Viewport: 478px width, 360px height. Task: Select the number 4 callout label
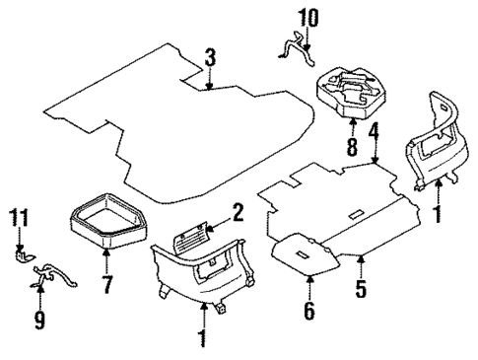(x=375, y=130)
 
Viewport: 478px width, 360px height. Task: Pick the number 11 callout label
(x=18, y=217)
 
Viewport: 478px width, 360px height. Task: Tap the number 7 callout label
(x=106, y=287)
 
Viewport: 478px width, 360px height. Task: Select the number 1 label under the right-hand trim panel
(x=438, y=211)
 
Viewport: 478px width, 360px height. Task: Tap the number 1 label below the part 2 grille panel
(x=203, y=338)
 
